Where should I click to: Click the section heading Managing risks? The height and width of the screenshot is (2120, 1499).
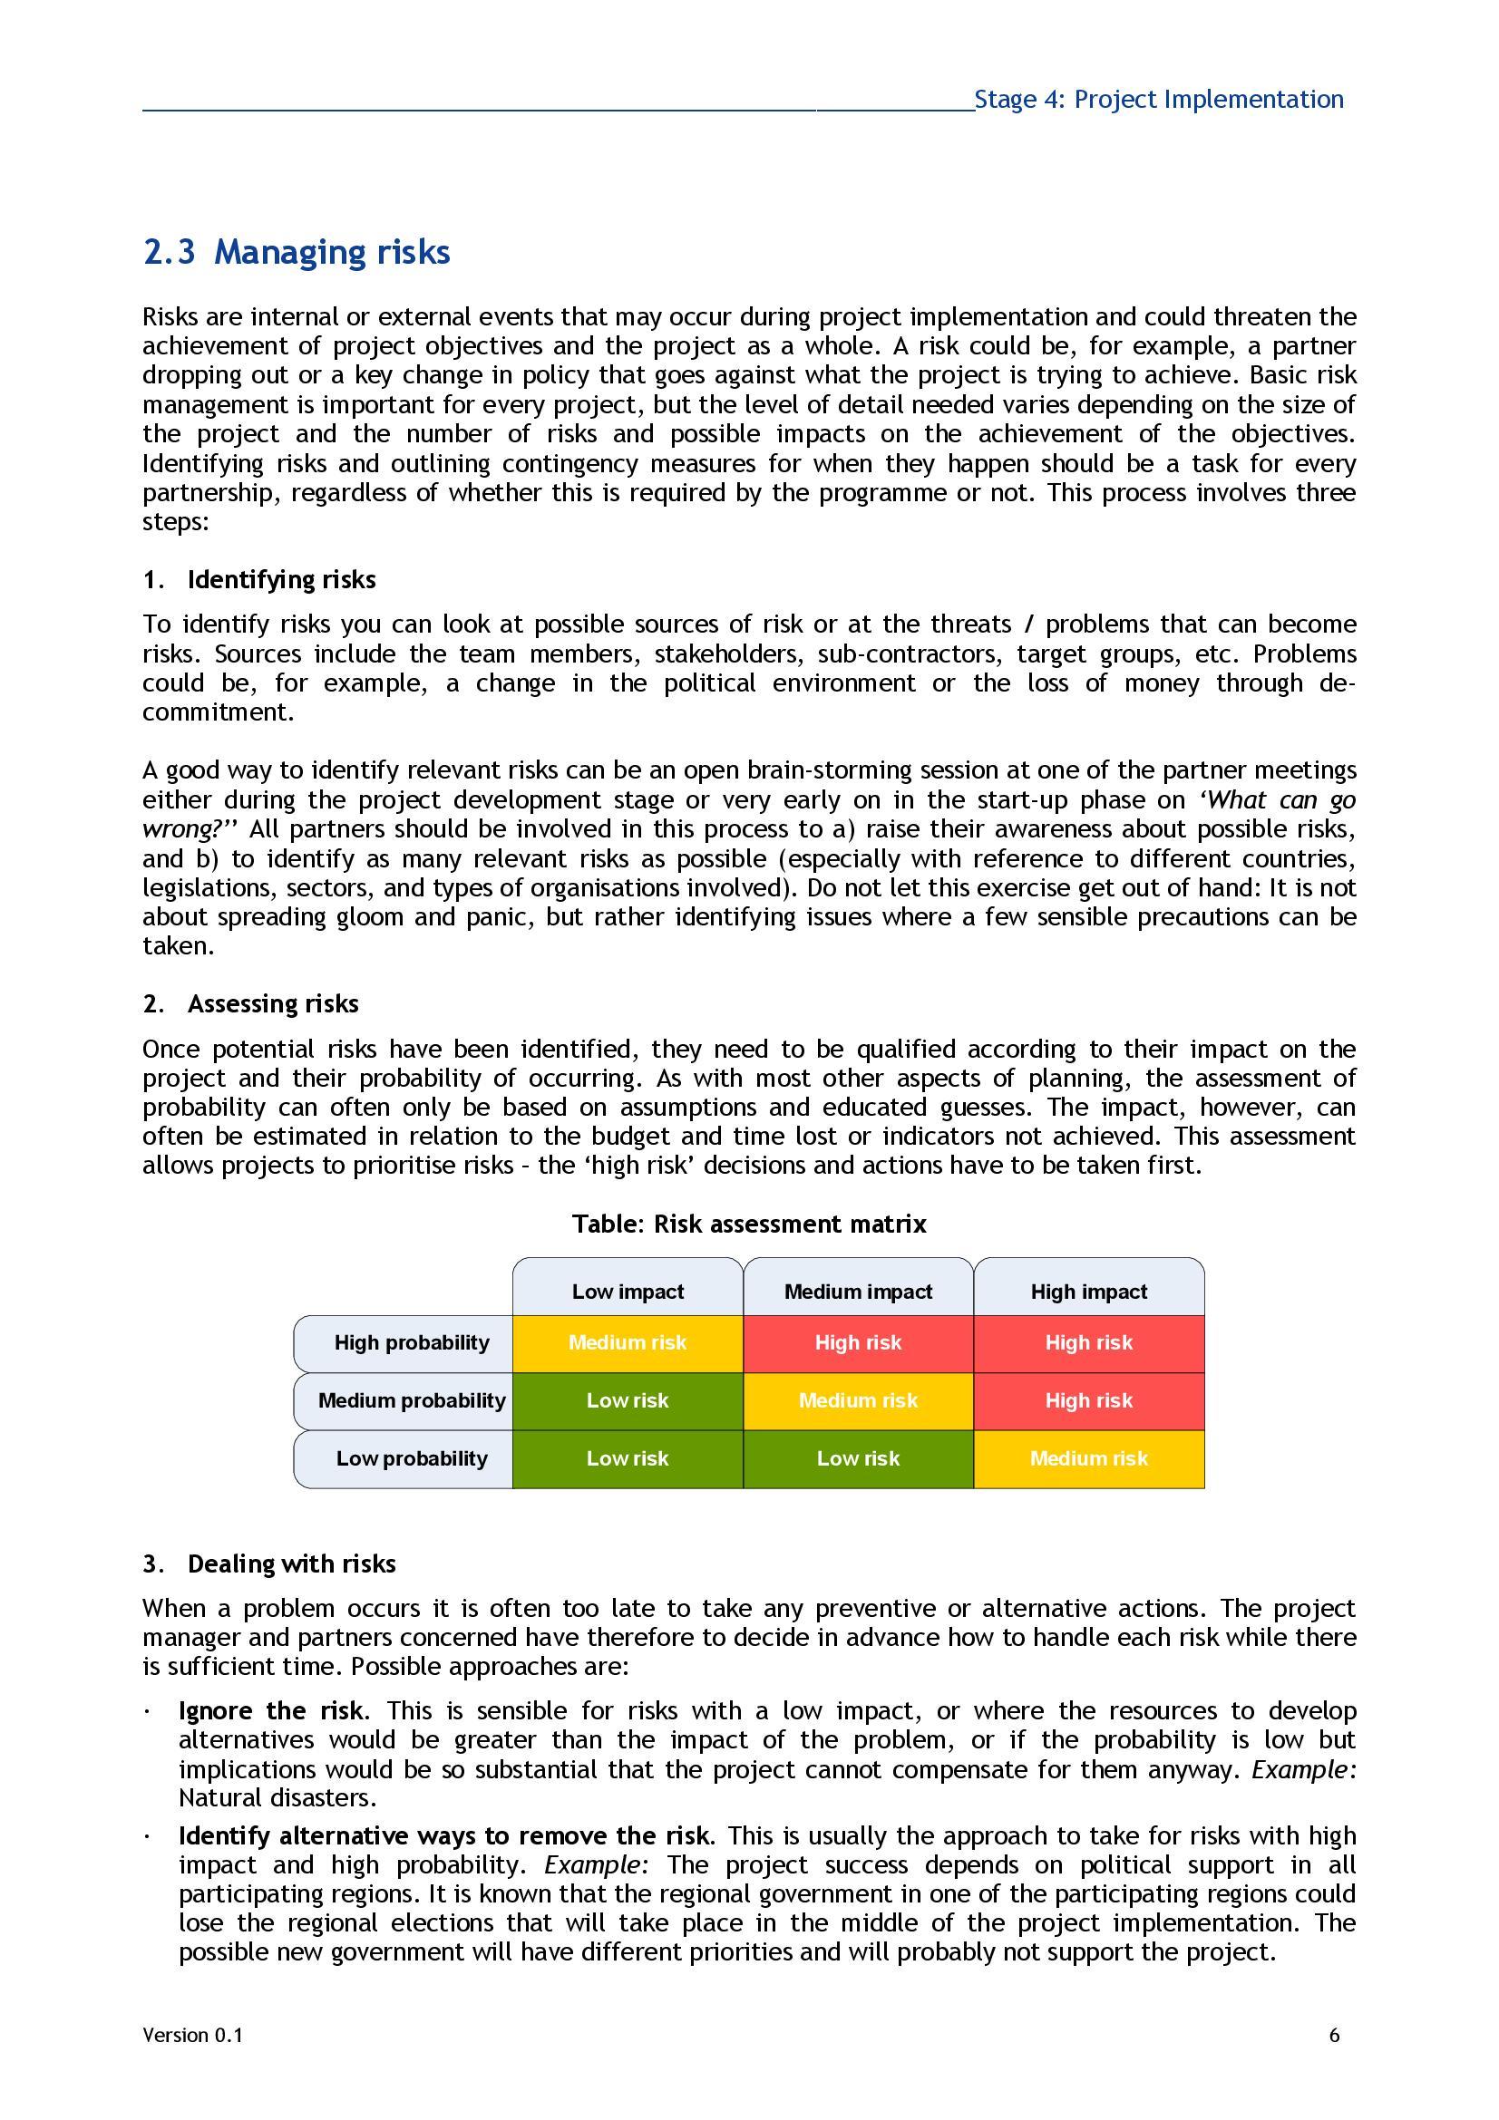297,252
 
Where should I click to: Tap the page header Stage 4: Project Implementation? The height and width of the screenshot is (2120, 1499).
1158,100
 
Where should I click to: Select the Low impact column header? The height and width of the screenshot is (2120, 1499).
628,1291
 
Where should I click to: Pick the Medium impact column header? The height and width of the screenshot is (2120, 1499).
858,1291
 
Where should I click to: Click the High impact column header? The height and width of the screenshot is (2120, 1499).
1089,1291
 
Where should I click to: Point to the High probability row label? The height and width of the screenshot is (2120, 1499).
411,1342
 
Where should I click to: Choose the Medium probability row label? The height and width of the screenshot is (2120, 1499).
411,1400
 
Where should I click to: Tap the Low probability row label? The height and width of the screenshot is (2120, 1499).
411,1459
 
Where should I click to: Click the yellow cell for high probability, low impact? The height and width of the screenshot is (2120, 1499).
628,1342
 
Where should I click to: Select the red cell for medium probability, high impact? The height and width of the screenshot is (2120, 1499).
1089,1400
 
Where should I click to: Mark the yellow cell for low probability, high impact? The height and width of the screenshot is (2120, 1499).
1089,1459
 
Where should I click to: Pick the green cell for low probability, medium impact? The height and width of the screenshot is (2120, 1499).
858,1459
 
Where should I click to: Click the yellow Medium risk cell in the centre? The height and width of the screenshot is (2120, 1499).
858,1400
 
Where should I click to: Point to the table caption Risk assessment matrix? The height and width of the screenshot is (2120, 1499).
748,1225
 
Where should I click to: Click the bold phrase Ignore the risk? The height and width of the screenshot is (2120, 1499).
270,1711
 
